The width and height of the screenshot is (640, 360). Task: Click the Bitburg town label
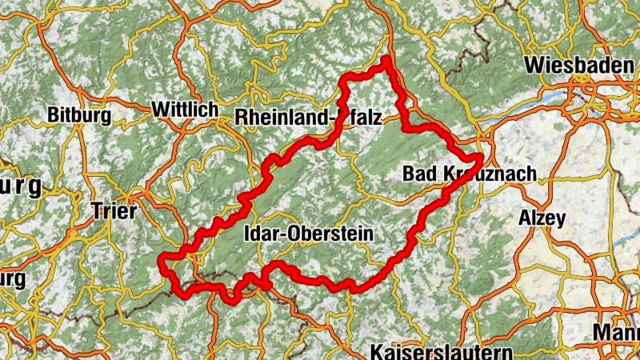[79, 115]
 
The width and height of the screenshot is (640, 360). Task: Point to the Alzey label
[542, 218]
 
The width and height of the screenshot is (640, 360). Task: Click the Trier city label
[115, 212]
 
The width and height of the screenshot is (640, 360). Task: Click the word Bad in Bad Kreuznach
[418, 174]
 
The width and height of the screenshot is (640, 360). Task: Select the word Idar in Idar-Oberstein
[259, 234]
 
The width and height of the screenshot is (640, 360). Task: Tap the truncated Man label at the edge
[617, 331]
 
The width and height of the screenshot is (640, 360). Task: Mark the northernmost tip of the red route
[387, 58]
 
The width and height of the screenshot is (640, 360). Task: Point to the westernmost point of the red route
[162, 259]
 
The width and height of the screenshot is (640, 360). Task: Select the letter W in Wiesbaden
[534, 65]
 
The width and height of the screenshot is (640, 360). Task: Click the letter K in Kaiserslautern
[377, 352]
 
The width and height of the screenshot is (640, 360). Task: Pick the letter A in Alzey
[525, 218]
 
